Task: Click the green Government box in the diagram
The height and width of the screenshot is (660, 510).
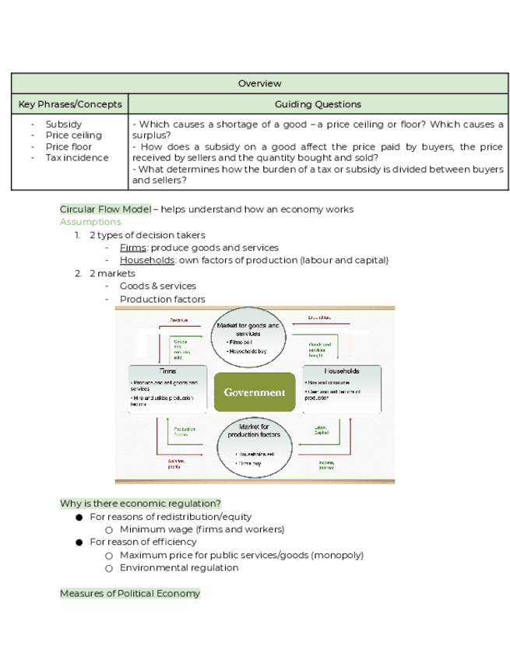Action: [x=255, y=392]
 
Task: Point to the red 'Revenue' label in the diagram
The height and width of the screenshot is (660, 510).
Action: [x=180, y=319]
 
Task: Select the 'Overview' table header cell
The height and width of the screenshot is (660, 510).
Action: [x=259, y=83]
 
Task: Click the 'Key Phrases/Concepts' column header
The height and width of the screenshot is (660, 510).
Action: [x=70, y=104]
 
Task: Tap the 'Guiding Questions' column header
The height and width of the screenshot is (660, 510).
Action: [x=318, y=104]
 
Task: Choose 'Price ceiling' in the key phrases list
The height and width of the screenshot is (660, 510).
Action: [x=73, y=135]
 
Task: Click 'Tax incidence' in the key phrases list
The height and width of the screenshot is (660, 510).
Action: [x=77, y=157]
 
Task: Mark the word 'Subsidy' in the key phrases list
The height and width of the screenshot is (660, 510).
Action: [x=63, y=125]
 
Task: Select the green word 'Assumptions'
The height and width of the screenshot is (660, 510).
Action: [x=90, y=222]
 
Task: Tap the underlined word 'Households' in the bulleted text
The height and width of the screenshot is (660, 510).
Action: [x=146, y=260]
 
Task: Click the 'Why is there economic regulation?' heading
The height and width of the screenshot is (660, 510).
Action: [x=140, y=504]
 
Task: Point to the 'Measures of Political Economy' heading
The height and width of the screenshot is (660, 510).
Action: [x=130, y=593]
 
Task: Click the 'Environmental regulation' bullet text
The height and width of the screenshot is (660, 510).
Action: [x=179, y=567]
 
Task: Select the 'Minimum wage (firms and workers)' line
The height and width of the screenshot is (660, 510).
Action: [x=202, y=529]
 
